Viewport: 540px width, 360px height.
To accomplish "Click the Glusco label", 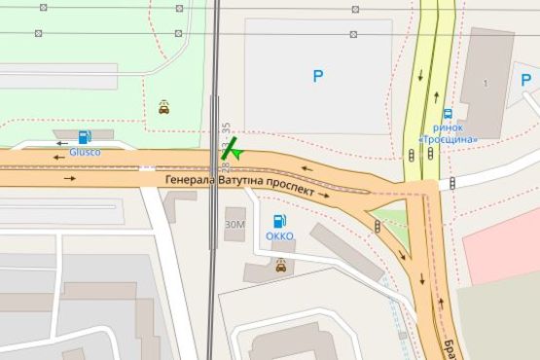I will pos(86,151).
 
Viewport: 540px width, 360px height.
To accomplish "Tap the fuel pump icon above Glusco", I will pos(85,137).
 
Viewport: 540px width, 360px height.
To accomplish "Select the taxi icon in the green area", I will pos(164,108).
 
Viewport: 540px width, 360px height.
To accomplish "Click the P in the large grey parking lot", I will pos(317,75).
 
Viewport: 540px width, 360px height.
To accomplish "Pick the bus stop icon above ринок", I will pos(447,114).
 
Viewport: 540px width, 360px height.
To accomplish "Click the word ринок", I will pos(448,127).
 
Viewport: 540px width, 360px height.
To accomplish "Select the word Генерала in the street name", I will pos(191,180).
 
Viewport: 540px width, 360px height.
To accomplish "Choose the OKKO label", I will pos(279,235).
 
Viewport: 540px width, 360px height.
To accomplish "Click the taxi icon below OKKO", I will pos(281,265).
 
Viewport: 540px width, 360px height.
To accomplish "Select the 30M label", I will pos(234,224).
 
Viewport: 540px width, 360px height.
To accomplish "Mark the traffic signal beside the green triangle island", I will pos(378,226).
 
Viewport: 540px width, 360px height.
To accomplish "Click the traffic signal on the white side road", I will pos(453,184).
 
